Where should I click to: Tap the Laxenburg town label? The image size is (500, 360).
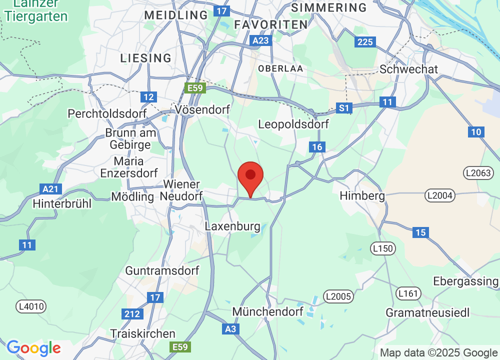pyautogui.click(x=233, y=226)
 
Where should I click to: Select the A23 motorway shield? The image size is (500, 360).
pyautogui.click(x=261, y=40)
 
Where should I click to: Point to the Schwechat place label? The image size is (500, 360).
pyautogui.click(x=408, y=69)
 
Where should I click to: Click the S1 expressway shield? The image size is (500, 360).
pyautogui.click(x=343, y=108)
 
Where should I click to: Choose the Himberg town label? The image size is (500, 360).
pyautogui.click(x=362, y=195)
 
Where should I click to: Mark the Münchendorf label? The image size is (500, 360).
pyautogui.click(x=268, y=312)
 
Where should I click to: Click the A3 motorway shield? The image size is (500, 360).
pyautogui.click(x=230, y=328)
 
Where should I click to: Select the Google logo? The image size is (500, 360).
pyautogui.click(x=33, y=348)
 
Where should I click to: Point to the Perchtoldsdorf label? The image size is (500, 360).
pyautogui.click(x=107, y=114)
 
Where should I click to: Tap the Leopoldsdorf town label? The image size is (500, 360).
pyautogui.click(x=293, y=124)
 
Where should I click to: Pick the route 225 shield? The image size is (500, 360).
pyautogui.click(x=365, y=42)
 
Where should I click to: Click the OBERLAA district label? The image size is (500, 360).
pyautogui.click(x=280, y=68)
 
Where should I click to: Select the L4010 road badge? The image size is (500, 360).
pyautogui.click(x=31, y=306)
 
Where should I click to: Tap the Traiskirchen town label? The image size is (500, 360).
pyautogui.click(x=143, y=333)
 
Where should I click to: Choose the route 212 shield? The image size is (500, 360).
pyautogui.click(x=131, y=314)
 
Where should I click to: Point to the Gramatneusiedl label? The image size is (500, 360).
pyautogui.click(x=427, y=312)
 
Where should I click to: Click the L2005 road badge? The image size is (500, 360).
pyautogui.click(x=338, y=296)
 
